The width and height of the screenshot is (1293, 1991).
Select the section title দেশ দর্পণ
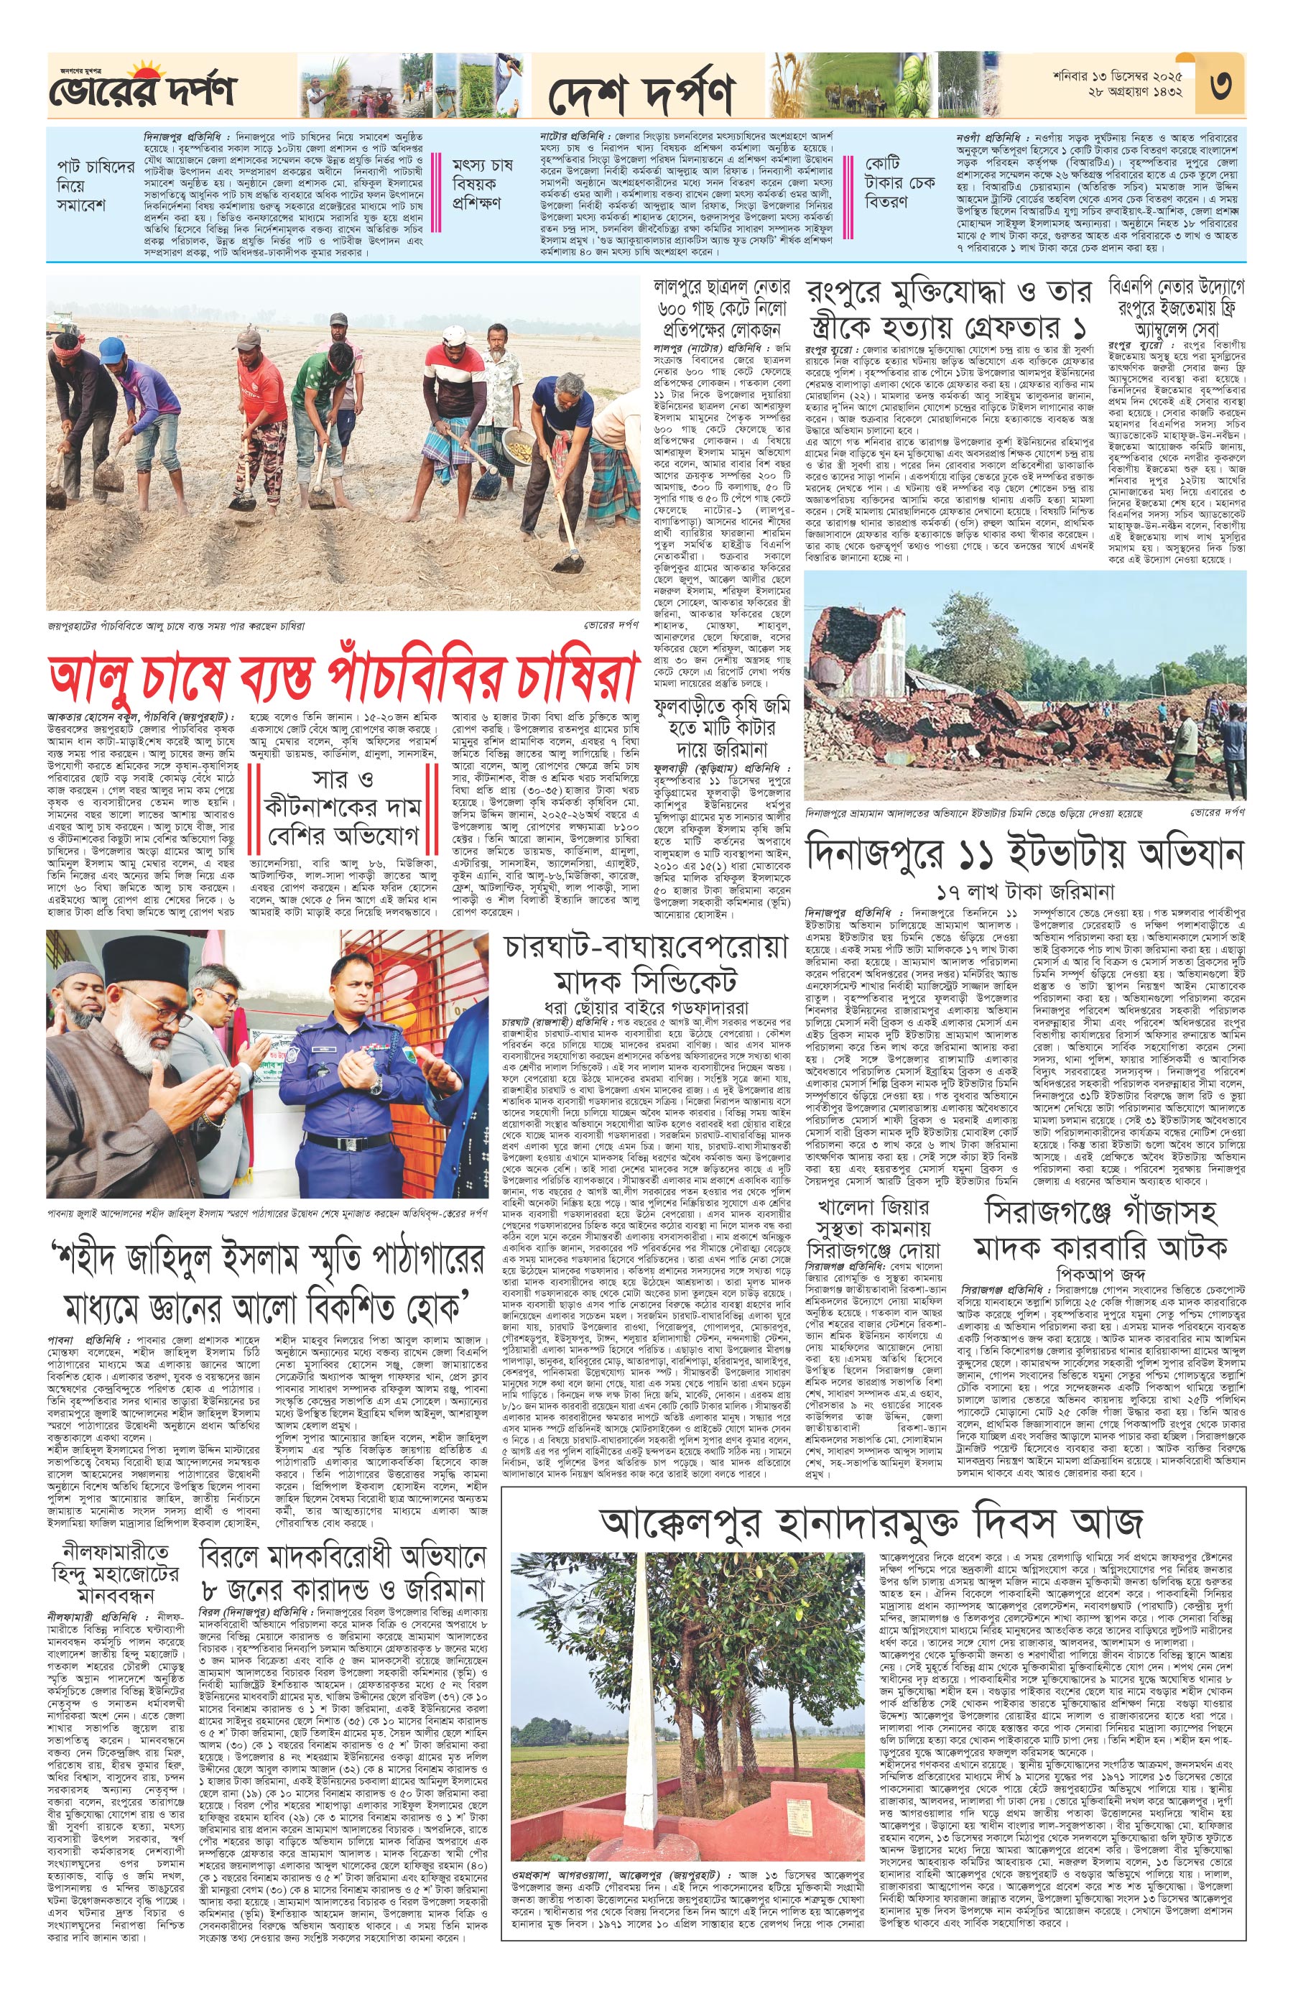(x=641, y=92)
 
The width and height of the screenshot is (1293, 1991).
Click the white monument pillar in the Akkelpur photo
(x=642, y=1723)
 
